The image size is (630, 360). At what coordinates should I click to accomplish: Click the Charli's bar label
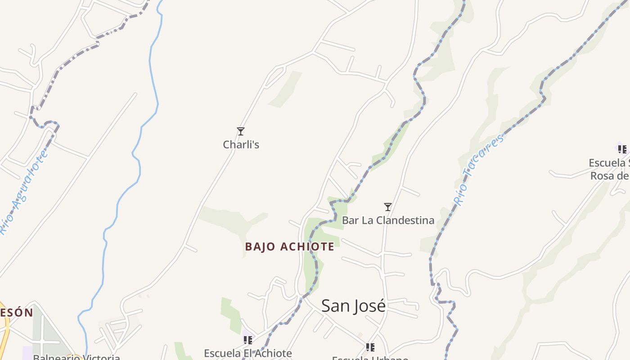point(241,144)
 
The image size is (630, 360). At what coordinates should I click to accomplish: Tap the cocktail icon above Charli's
point(241,131)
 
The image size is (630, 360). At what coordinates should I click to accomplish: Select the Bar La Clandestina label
point(388,220)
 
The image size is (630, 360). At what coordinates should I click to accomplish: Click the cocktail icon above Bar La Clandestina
point(388,207)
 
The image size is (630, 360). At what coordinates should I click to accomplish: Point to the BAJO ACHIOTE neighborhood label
point(290,247)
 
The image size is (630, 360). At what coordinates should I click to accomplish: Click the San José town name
point(353,306)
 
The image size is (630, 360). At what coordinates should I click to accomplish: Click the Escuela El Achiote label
point(248,353)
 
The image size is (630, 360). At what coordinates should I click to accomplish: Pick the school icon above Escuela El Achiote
point(247,340)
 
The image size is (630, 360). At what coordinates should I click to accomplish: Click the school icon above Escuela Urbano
point(370,347)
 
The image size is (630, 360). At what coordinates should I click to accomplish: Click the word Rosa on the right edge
point(603,175)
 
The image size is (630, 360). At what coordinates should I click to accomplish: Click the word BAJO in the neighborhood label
point(260,247)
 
